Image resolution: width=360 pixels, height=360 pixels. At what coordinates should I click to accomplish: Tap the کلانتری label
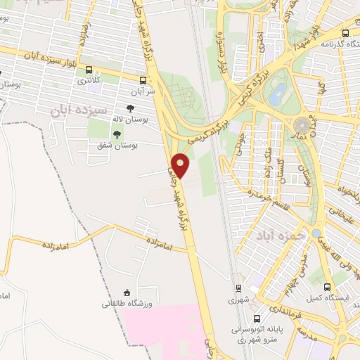click(x=89, y=81)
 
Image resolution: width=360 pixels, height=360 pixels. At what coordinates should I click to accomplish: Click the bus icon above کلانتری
click(x=89, y=70)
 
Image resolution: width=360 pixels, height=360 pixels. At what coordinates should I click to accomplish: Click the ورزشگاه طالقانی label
click(x=127, y=304)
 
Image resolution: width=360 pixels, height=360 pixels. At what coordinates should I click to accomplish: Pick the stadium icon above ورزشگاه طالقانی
click(x=127, y=293)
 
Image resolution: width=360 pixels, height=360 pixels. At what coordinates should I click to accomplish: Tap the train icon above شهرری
click(x=238, y=288)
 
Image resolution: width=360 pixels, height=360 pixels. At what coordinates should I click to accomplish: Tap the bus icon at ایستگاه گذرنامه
click(x=345, y=32)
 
